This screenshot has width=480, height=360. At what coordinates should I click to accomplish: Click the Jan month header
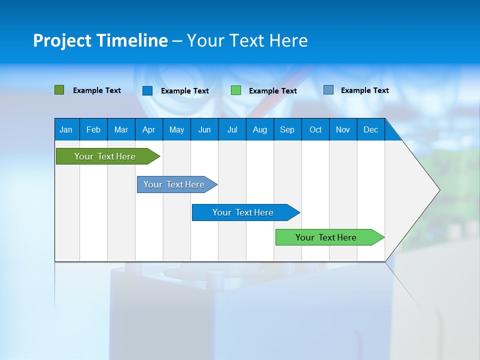coord(66,129)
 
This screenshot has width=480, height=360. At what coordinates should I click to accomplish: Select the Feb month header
coord(93,129)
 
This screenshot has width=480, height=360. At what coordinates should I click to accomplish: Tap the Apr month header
coord(148,129)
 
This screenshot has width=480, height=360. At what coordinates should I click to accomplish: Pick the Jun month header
coord(204,129)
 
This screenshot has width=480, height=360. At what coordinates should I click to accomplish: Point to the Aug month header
coord(259,129)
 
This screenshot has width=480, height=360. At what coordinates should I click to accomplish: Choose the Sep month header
coord(287,129)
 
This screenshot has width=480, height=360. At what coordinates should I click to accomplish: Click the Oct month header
coord(315,129)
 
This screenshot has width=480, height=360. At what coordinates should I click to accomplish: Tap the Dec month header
coord(370,129)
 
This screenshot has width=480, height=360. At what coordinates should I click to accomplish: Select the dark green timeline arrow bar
coord(105,156)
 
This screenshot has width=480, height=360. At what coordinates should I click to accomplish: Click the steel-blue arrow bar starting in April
coord(174,184)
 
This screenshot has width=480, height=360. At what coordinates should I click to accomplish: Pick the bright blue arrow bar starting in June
coord(243,212)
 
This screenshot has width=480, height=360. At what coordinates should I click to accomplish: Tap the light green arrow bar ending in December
coord(326,237)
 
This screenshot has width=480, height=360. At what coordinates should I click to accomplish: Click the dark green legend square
coord(59,90)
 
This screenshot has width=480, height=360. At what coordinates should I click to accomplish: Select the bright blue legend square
coord(147,90)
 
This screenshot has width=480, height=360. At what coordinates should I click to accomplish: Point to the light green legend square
coord(236,90)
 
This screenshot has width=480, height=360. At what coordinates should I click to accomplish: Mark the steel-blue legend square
coord(328,90)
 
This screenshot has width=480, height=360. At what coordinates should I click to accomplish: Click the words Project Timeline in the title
coord(100,40)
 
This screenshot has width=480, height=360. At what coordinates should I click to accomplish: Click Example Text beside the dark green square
coord(97,90)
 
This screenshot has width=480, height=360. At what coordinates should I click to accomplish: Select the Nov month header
coord(343,129)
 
